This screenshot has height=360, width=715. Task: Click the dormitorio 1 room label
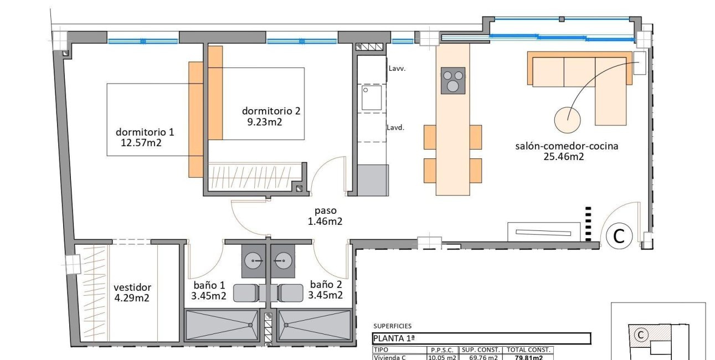pyautogui.click(x=145, y=132)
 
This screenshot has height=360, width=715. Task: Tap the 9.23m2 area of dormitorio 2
pyautogui.click(x=264, y=122)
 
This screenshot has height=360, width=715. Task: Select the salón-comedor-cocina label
pyautogui.click(x=567, y=147)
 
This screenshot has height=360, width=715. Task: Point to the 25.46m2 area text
pyautogui.click(x=564, y=157)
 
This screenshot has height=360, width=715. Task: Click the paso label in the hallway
pyautogui.click(x=325, y=211)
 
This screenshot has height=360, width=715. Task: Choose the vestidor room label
pyautogui.click(x=132, y=287)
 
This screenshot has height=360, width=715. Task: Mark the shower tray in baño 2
pyautogui.click(x=315, y=325)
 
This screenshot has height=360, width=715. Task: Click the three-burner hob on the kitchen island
pyautogui.click(x=453, y=80)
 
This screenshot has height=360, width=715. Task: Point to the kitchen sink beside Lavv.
pyautogui.click(x=371, y=97)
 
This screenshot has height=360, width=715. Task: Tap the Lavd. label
pyautogui.click(x=395, y=127)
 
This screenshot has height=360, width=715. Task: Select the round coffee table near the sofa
pyautogui.click(x=568, y=119)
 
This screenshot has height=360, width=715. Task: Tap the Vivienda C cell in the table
pyautogui.click(x=390, y=357)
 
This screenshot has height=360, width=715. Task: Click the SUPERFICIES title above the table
pyautogui.click(x=392, y=326)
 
